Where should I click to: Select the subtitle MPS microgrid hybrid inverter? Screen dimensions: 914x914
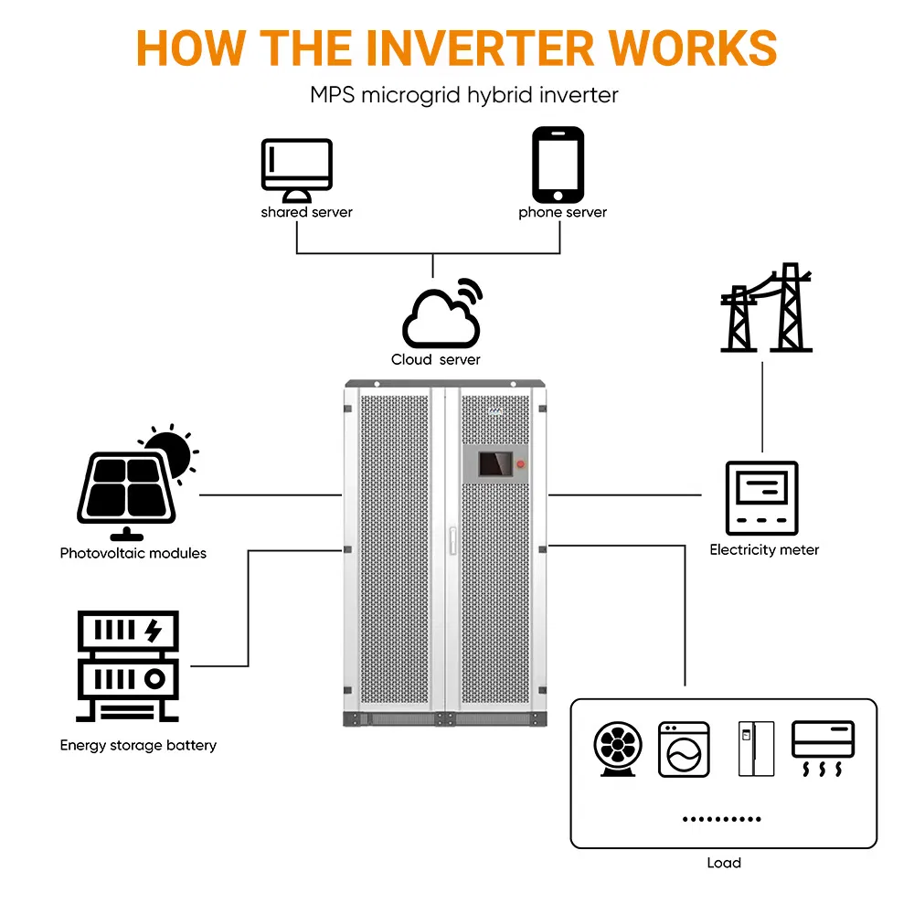[x=464, y=95]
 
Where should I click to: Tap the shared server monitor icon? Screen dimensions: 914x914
[x=296, y=170]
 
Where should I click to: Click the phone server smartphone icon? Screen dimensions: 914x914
[x=558, y=165]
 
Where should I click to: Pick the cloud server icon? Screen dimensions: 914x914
[x=442, y=314]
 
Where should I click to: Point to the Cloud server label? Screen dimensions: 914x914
[x=436, y=359]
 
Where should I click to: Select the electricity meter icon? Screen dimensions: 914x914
[x=761, y=498]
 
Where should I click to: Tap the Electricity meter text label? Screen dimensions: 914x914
[x=764, y=550]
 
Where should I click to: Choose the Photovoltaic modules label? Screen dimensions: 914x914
[x=133, y=553]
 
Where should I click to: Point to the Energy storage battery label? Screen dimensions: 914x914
[x=138, y=745]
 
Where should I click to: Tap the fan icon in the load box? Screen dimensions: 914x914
[x=619, y=749]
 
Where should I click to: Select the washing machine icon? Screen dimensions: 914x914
[x=684, y=749]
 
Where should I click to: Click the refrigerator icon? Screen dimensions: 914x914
[x=756, y=749]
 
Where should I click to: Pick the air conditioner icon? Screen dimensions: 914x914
[x=823, y=748]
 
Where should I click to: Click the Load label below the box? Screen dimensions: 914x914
[x=723, y=862]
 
